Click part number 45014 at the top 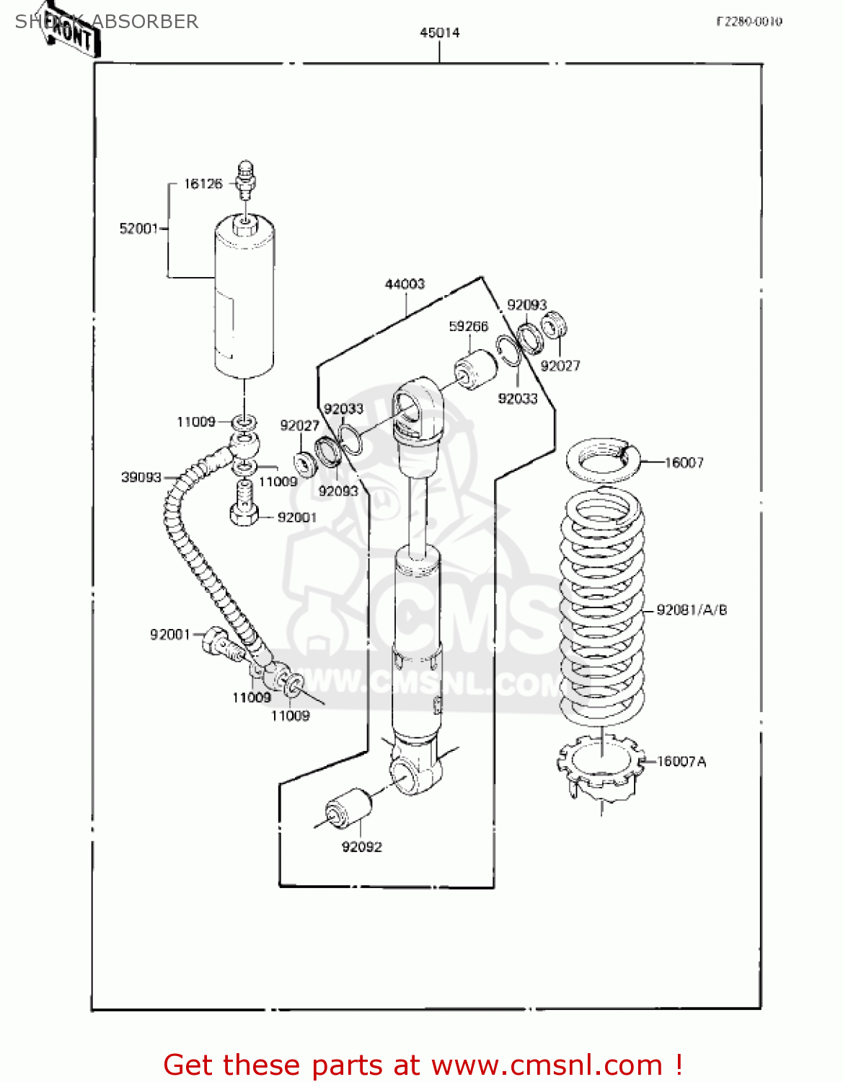click(439, 32)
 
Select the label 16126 click(203, 184)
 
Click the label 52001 click(138, 229)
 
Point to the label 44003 click(405, 284)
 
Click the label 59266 click(468, 327)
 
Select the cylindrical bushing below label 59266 click(476, 369)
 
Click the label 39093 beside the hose click(141, 478)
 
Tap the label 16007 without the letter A click(684, 462)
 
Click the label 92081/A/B click(691, 610)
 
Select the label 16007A click(681, 762)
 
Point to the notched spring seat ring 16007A click(601, 766)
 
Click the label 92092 click(361, 847)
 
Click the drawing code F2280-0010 click(749, 22)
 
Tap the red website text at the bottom click(423, 1065)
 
